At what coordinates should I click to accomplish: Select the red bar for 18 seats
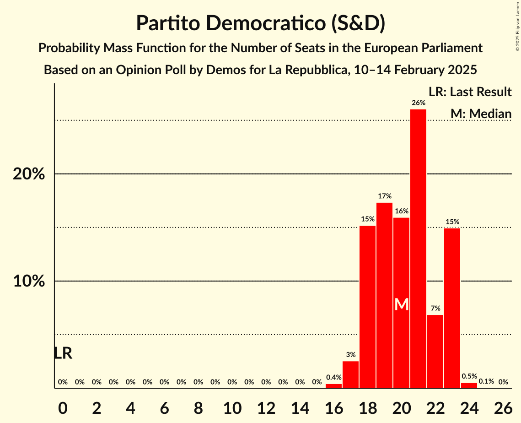tap(367, 307)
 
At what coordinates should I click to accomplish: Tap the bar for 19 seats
tap(384, 295)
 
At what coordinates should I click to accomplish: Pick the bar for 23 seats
tap(452, 308)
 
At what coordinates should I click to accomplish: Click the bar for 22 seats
tap(435, 351)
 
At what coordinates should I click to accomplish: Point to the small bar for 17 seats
tap(350, 374)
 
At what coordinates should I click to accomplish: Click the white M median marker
tap(401, 304)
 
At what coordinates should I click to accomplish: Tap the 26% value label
tap(418, 103)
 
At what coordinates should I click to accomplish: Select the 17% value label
tap(384, 196)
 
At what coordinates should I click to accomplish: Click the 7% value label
tap(435, 309)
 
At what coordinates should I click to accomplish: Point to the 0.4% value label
tap(333, 378)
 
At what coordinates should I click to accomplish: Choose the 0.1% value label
tap(486, 381)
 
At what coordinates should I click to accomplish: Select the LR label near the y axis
tap(63, 353)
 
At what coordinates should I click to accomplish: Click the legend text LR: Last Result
tap(470, 92)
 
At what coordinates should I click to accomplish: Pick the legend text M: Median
tap(481, 114)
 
